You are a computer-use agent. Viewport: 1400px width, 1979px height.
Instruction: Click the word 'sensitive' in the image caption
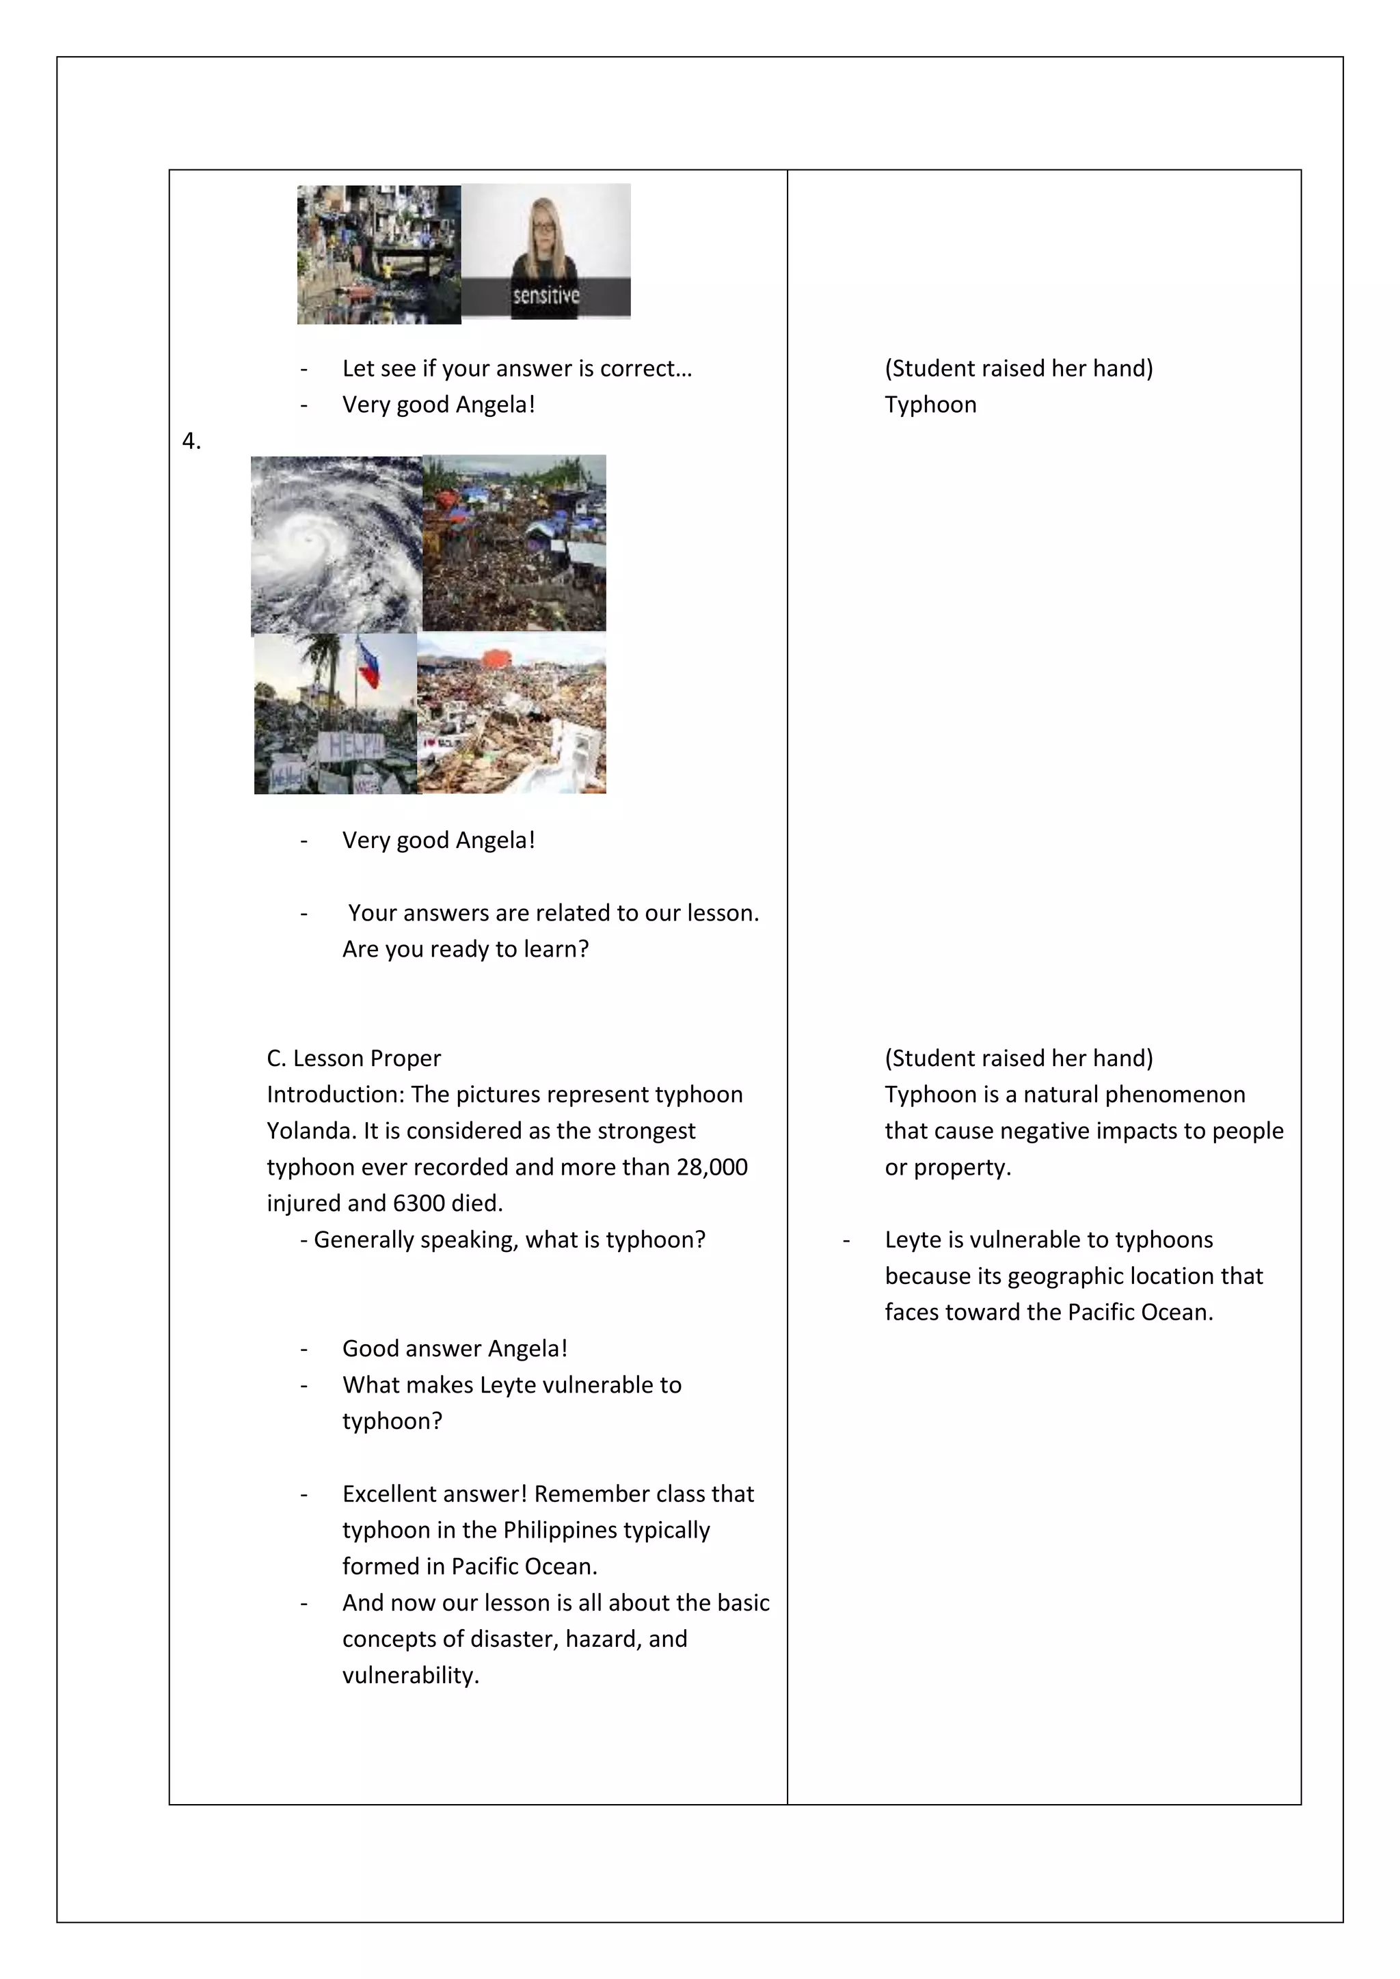tap(546, 296)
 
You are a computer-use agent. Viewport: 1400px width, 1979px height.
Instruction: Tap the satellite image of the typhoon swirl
tap(336, 545)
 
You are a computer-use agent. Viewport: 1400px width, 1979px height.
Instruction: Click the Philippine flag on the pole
tap(369, 663)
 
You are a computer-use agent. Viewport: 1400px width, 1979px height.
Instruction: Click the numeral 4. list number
tap(191, 441)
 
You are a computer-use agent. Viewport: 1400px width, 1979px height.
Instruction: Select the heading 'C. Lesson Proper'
tap(353, 1058)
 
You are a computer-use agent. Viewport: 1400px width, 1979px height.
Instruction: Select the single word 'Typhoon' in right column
tap(930, 405)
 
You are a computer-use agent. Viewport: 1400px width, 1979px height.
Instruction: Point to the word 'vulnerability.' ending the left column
tap(410, 1675)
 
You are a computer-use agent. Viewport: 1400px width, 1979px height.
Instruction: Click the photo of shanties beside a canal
tap(379, 254)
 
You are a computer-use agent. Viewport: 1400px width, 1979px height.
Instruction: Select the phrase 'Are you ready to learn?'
tap(466, 949)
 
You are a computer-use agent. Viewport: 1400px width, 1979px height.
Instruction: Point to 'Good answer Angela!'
tap(455, 1348)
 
